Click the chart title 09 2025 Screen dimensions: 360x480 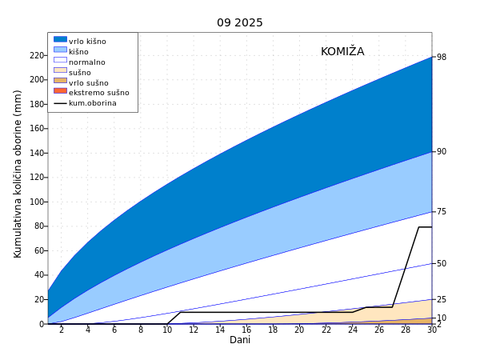(x=239, y=22)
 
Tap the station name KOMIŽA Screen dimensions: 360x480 (x=342, y=51)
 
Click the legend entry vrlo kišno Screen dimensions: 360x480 (x=87, y=42)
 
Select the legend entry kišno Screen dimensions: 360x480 (x=78, y=52)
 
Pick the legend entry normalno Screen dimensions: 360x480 (x=86, y=62)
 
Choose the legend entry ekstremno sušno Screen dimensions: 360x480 (x=98, y=93)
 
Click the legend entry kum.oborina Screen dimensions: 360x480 (x=92, y=103)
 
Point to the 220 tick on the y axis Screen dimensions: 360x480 (x=37, y=55)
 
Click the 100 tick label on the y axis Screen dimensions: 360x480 (x=37, y=79)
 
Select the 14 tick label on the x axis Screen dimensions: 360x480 (x=220, y=330)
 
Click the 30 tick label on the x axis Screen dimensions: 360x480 (x=432, y=330)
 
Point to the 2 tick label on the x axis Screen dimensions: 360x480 (x=62, y=330)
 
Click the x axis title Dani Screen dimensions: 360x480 (x=240, y=340)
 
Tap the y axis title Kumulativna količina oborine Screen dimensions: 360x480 (x=18, y=174)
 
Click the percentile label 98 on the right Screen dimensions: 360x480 (x=442, y=58)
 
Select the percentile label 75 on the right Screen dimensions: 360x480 (x=442, y=212)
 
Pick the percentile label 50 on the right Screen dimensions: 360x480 (x=442, y=263)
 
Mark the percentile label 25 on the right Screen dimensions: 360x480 (x=442, y=299)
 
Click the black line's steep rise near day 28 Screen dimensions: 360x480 (x=406, y=266)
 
